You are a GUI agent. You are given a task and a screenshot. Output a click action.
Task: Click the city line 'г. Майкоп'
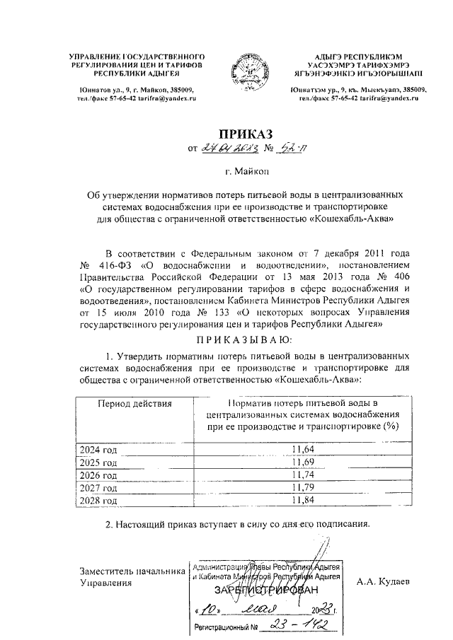pos(226,170)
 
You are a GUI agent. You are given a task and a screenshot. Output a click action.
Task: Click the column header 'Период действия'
pos(134,403)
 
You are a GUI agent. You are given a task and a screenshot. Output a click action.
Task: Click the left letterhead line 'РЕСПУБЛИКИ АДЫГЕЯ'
pos(130,72)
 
